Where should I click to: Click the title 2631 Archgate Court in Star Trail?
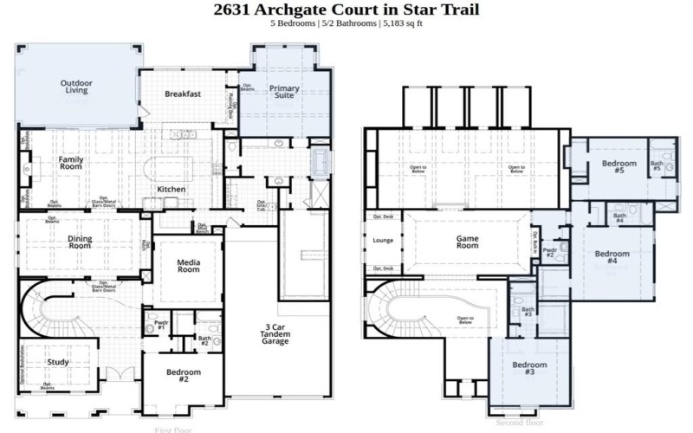click(346, 10)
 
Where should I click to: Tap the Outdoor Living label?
click(76, 87)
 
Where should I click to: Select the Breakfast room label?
click(183, 94)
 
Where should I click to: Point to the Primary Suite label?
click(283, 93)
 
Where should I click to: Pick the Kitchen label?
click(171, 189)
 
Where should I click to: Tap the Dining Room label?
click(80, 242)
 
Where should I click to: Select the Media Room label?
click(189, 265)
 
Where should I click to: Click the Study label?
click(58, 362)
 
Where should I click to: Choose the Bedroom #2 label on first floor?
click(184, 376)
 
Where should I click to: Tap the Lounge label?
click(383, 240)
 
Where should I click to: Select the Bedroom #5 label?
click(619, 167)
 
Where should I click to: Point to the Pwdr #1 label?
click(161, 324)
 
